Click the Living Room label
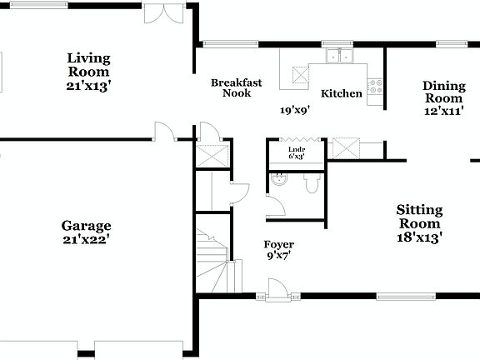pos(89,64)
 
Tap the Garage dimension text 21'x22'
pos(86,239)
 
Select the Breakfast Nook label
pos(237,87)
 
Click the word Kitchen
pos(342,93)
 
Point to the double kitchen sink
pos(340,57)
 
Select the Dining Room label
pos(443,92)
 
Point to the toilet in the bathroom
pos(312,183)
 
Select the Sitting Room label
pos(419,217)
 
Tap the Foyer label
pos(279,244)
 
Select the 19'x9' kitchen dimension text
pos(295,109)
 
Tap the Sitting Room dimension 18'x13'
pos(419,237)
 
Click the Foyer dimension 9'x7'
pos(279,256)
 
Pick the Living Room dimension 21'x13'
pos(89,84)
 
